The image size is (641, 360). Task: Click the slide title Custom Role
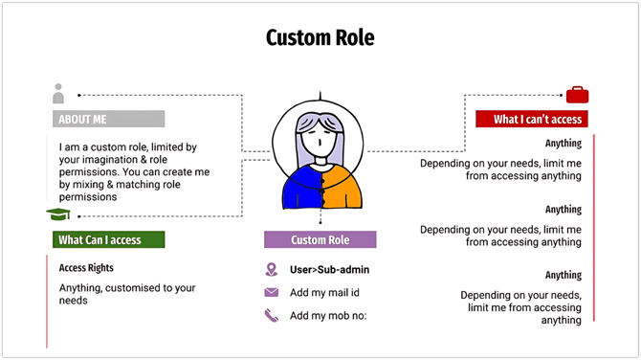pyautogui.click(x=320, y=38)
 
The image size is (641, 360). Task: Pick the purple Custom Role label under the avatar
pyautogui.click(x=320, y=239)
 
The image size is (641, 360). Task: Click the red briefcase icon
pyautogui.click(x=577, y=95)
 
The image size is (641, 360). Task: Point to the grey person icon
pyautogui.click(x=58, y=94)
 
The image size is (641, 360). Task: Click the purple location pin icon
pyautogui.click(x=272, y=269)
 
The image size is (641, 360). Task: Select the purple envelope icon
pyautogui.click(x=272, y=292)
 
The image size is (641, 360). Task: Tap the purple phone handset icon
pyautogui.click(x=272, y=315)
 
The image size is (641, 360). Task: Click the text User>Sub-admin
pyautogui.click(x=330, y=270)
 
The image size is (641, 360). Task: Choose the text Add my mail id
pyautogui.click(x=327, y=292)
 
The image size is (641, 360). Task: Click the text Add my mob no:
pyautogui.click(x=328, y=315)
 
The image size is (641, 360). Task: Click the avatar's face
pyautogui.click(x=320, y=145)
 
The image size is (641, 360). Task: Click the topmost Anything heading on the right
pyautogui.click(x=564, y=144)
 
